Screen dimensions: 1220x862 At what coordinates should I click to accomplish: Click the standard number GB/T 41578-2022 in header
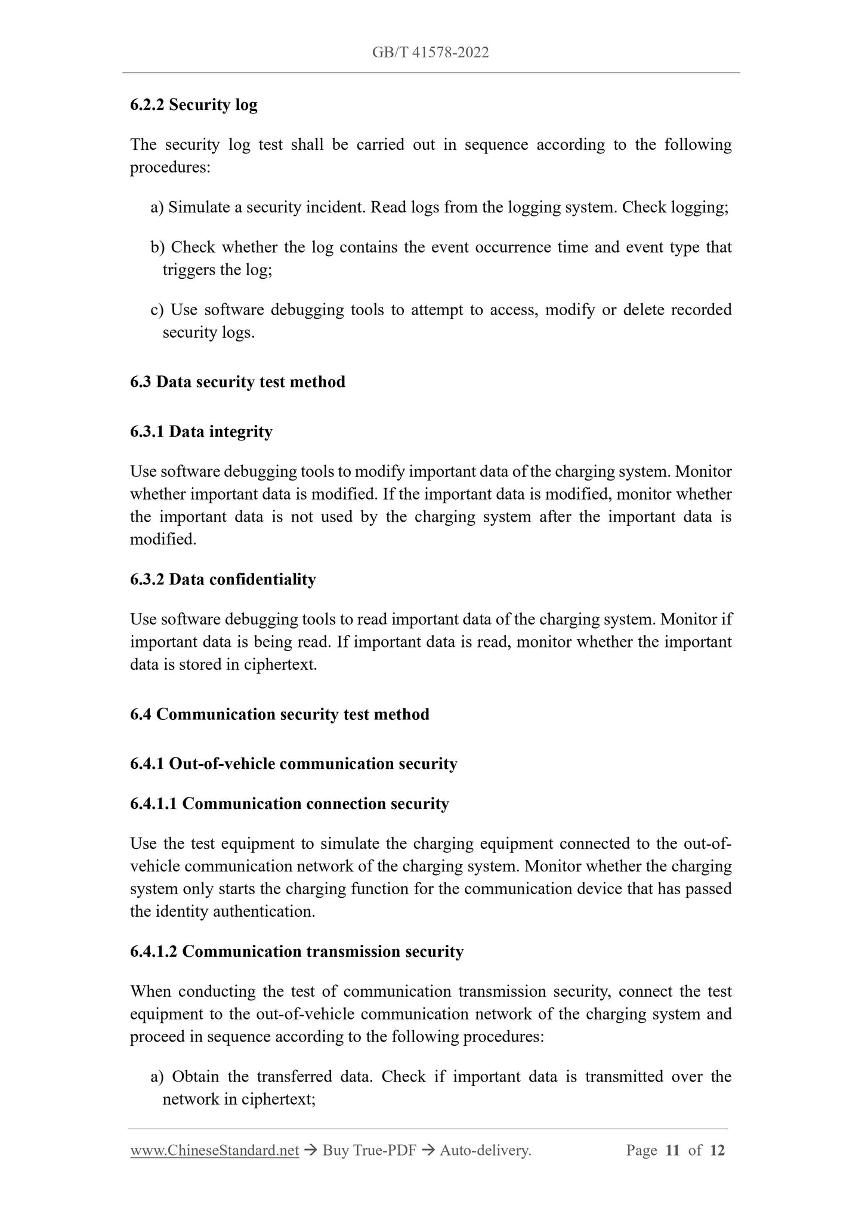(x=430, y=53)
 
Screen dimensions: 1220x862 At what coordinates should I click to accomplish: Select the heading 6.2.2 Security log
(x=194, y=104)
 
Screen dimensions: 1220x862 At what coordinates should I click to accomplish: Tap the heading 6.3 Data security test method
(x=237, y=381)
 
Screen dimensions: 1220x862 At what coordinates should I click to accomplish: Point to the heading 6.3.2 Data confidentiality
(x=223, y=579)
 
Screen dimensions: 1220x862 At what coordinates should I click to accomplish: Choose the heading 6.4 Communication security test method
(x=279, y=714)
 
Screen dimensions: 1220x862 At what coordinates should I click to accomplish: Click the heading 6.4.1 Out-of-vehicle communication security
(x=293, y=763)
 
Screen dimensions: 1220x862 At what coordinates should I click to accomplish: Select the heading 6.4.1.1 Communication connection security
(x=289, y=803)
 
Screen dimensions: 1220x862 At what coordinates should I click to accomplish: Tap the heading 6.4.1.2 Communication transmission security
(x=296, y=951)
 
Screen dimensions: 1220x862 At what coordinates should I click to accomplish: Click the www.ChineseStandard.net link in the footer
(x=214, y=1150)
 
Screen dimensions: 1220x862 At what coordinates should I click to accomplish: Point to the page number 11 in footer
(x=672, y=1150)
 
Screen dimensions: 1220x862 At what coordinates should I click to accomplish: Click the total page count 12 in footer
(x=717, y=1150)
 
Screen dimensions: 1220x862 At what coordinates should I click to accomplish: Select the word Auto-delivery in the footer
(x=485, y=1150)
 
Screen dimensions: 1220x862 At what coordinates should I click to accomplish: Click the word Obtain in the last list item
(x=194, y=1076)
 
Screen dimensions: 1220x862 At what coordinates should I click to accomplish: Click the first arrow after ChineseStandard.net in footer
(x=310, y=1150)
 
